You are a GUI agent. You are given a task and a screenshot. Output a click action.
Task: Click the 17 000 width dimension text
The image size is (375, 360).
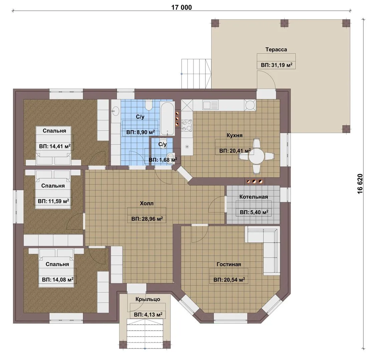pos(181,7)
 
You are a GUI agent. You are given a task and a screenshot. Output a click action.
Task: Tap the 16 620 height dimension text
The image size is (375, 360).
pos(360,184)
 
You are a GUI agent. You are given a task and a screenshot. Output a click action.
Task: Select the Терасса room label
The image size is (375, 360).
pos(276,49)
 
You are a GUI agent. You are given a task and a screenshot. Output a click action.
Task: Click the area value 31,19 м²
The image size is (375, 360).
pos(277,65)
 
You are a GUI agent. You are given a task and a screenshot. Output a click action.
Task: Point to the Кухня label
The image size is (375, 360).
pos(235,135)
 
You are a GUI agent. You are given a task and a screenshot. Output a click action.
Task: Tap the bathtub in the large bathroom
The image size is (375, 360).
pos(167,119)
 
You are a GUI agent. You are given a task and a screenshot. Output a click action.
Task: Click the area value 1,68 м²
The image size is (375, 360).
pos(163,160)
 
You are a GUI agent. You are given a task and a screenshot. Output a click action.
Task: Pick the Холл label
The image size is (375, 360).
pos(146,204)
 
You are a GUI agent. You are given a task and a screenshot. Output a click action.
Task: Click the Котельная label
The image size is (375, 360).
pos(254,197)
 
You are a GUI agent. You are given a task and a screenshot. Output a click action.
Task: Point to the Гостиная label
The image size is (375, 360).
pos(229,264)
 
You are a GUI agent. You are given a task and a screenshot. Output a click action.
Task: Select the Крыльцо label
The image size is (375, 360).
pos(148,299)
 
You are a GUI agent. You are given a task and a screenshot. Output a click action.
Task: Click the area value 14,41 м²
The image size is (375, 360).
pos(55,146)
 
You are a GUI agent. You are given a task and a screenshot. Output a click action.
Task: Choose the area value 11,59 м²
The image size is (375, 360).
pos(53,201)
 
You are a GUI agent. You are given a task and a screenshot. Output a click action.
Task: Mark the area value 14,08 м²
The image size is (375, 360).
pos(58,279)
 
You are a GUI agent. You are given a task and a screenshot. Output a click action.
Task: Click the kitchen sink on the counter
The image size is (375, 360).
pos(211,105)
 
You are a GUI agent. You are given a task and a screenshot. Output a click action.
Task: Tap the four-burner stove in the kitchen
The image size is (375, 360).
pos(186,125)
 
